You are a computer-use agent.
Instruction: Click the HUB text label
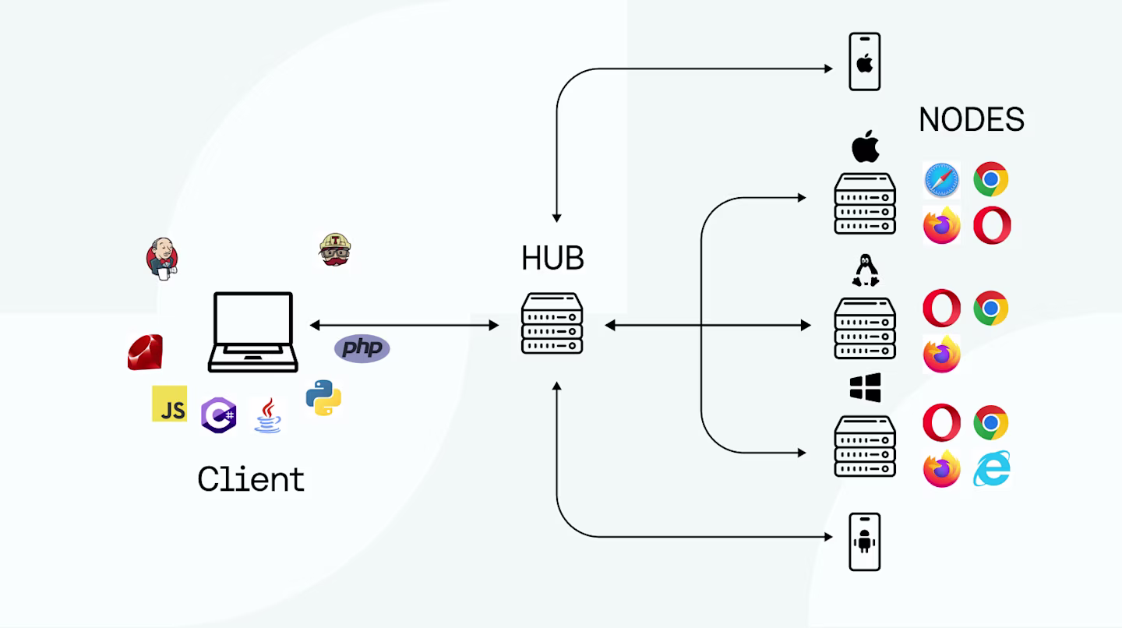(552, 259)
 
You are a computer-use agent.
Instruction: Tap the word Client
(251, 478)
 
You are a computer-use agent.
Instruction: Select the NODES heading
(971, 120)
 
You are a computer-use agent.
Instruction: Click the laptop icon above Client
(253, 332)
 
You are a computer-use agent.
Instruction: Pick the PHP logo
(362, 348)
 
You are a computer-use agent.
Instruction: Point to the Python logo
(323, 397)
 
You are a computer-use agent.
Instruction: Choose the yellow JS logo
(169, 404)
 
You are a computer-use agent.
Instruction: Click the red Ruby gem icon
(145, 352)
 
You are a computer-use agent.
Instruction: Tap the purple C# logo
(218, 415)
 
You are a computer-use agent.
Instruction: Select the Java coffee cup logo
(268, 415)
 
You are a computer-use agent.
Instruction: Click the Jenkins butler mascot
(162, 259)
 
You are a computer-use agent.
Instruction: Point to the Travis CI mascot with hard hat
(334, 249)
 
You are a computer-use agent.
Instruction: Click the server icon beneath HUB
(552, 323)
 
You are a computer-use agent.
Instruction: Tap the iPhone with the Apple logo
(865, 62)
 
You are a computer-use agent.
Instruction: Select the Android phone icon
(865, 542)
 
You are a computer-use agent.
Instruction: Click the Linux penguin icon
(866, 270)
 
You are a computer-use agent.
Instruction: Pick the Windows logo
(865, 387)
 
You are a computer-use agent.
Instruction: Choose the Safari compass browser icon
(942, 180)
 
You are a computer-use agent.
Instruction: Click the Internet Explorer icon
(992, 469)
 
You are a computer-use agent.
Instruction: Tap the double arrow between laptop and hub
(404, 326)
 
